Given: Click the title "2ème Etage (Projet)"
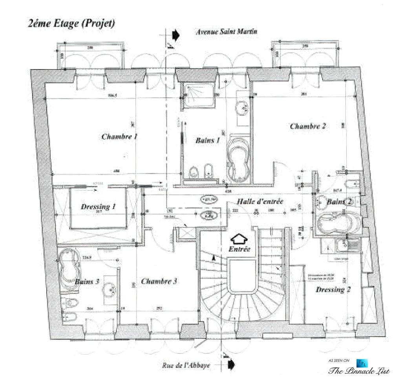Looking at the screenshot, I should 71,24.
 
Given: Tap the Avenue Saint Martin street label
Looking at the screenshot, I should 227,32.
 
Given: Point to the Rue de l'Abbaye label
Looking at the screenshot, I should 186,365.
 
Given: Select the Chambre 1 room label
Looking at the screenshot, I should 119,136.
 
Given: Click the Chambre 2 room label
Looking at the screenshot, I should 308,126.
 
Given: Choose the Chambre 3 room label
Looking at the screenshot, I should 159,281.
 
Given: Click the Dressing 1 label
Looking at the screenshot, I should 98,207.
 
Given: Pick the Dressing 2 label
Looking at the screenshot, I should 333,290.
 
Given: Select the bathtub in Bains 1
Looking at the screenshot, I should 238,161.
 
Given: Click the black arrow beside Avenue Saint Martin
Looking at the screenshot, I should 175,35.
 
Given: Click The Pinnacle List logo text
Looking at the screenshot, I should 359,371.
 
